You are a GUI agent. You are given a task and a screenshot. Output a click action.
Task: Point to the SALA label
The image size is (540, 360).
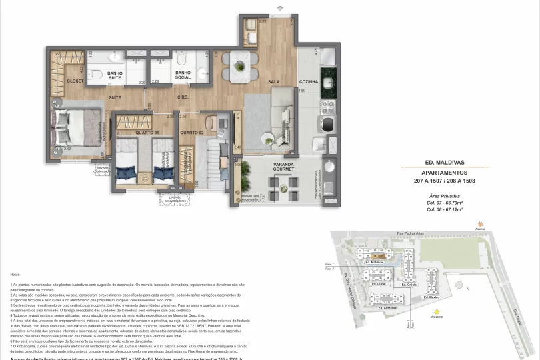255,81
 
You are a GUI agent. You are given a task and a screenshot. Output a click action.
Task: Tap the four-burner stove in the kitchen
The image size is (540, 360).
327,105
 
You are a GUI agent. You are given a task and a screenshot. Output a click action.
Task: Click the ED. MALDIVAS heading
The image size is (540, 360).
445,161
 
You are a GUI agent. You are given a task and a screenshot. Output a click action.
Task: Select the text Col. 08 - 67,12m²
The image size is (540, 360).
445,209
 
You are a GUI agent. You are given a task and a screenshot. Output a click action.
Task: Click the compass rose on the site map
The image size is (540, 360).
460,285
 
